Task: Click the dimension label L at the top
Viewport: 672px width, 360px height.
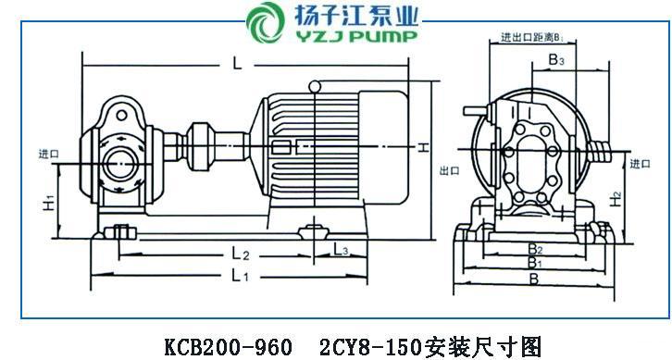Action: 238,64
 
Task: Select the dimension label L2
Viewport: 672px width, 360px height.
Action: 241,254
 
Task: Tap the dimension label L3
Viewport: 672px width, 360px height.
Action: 342,250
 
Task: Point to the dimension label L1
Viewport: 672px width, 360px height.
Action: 240,276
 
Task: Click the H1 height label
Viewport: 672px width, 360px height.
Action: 49,202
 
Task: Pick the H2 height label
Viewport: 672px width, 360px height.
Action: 616,199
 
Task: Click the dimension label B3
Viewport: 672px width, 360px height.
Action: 556,60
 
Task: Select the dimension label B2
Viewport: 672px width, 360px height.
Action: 535,248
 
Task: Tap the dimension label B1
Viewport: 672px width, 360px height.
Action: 534,262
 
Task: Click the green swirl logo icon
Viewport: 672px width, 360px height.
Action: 266,22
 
